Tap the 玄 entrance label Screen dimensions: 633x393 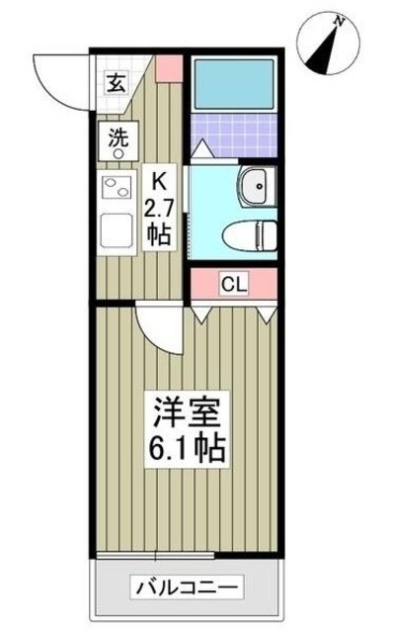[x=117, y=83]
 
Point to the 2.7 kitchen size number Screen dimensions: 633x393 [x=158, y=208]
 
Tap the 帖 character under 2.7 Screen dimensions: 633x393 [x=158, y=234]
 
